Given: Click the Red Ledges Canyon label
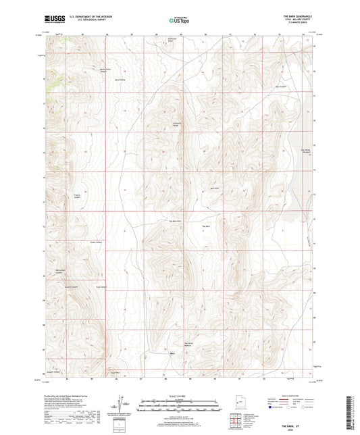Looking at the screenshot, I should [x=59, y=272].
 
